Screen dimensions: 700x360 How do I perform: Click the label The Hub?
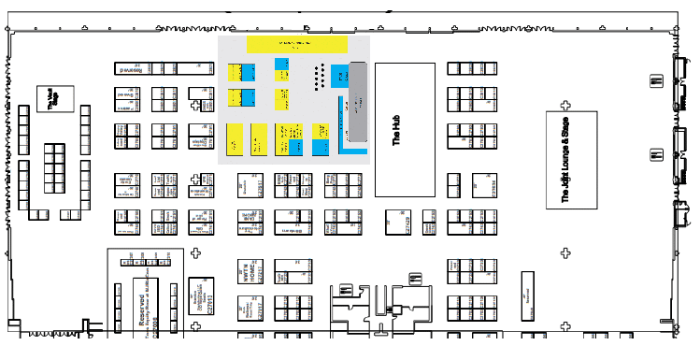click(396, 130)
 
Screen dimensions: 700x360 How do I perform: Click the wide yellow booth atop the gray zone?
click(297, 43)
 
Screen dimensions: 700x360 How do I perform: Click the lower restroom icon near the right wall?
click(655, 154)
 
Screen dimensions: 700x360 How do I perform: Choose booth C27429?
click(261, 186)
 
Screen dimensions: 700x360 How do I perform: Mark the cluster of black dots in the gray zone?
click(319, 74)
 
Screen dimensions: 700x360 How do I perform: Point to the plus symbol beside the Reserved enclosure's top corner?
click(195, 252)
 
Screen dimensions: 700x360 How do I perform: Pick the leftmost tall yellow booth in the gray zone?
click(235, 138)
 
